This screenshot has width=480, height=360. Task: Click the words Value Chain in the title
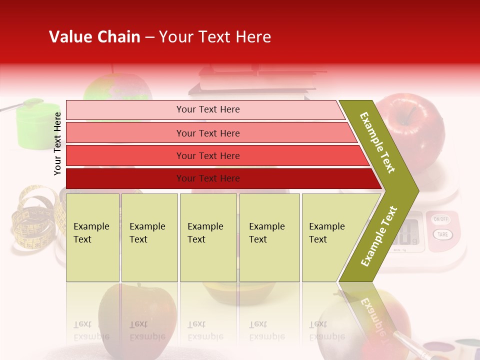coord(94,37)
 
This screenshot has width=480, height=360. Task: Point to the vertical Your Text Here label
coord(58,143)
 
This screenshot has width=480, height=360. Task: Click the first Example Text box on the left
coord(92,237)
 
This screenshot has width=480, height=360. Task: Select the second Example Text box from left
coord(149,237)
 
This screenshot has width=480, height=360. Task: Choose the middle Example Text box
coord(208,237)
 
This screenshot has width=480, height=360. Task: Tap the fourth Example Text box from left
coord(269,237)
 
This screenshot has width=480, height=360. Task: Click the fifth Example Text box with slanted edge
coord(330,237)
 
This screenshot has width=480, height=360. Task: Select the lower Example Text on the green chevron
coord(379,236)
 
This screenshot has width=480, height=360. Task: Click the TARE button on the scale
coord(441,234)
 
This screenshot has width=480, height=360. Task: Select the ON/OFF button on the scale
coord(440,219)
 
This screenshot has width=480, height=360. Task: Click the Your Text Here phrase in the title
coord(215,37)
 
